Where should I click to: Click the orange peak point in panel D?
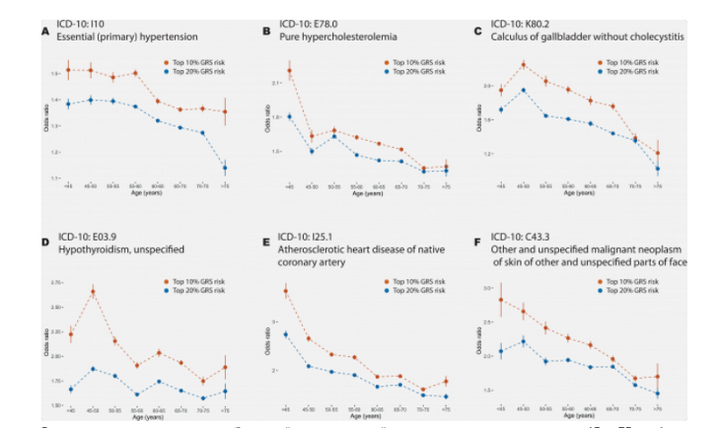point(93,292)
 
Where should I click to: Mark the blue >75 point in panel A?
point(224,168)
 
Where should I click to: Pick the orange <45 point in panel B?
point(289,71)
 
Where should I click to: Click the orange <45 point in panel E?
point(286,292)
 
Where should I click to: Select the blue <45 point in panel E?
point(286,334)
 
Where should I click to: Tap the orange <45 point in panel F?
point(500,299)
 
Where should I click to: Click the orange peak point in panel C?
point(524,65)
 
